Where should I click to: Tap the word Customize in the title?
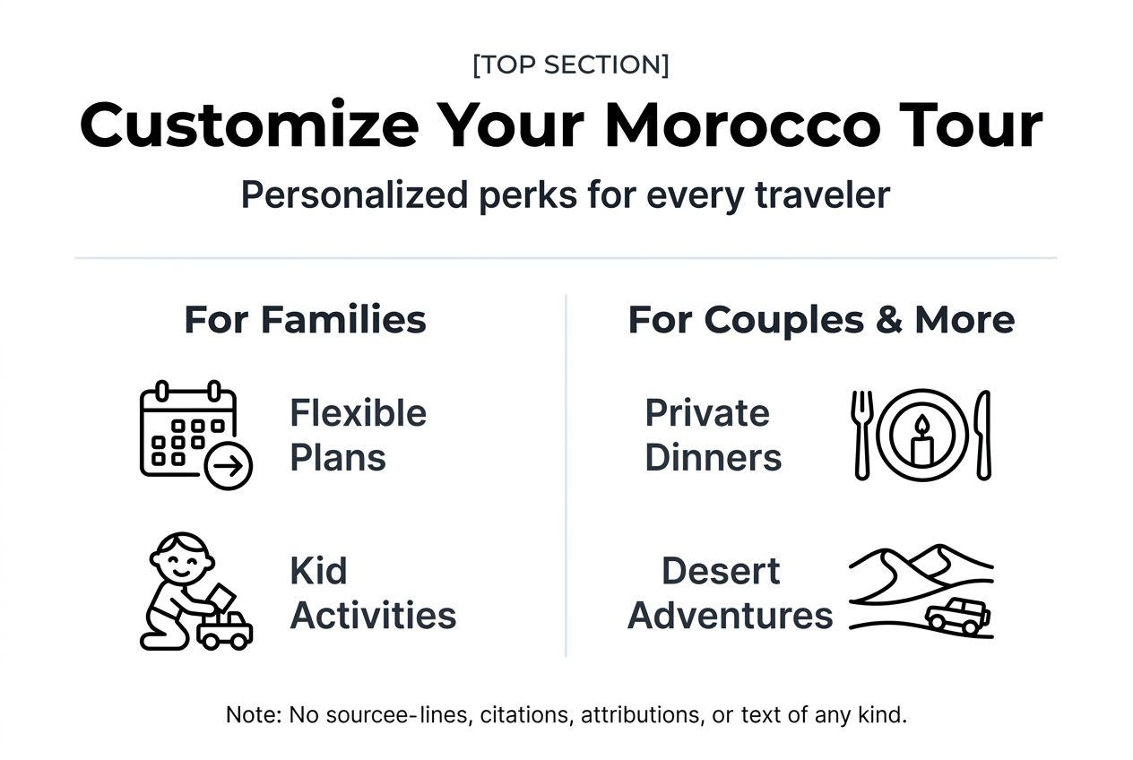click(x=248, y=125)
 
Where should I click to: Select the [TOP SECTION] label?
click(x=570, y=65)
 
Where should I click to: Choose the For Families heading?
click(x=305, y=320)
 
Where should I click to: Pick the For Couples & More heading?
click(x=821, y=320)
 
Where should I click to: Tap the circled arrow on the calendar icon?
click(x=229, y=466)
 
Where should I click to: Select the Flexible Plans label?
click(x=358, y=436)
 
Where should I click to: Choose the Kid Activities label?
click(x=373, y=593)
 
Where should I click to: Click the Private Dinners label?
click(x=713, y=436)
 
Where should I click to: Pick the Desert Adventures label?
click(x=730, y=593)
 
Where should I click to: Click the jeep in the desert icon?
click(x=957, y=616)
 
